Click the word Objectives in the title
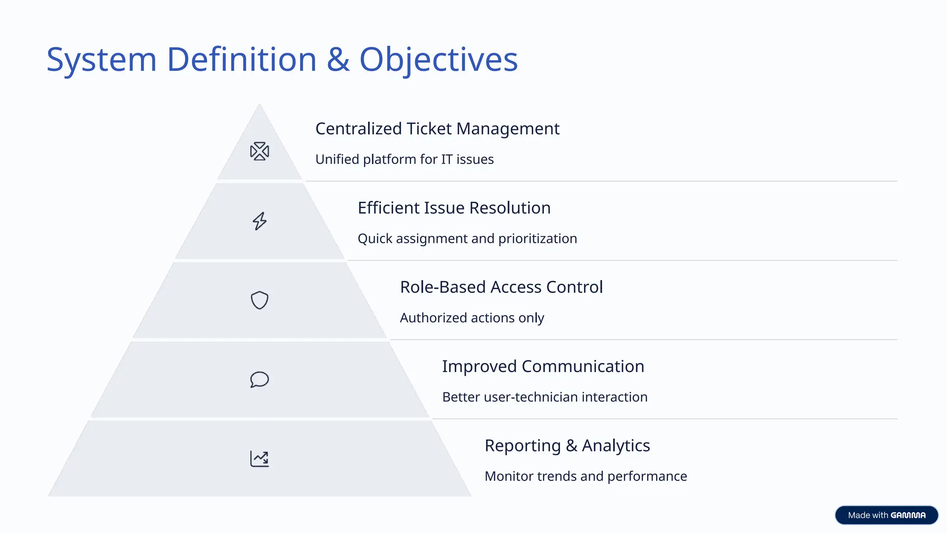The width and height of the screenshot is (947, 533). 438,60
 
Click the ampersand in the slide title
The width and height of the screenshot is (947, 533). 338,60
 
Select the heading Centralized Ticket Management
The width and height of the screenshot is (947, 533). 437,129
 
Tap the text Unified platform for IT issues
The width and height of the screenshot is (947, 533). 404,159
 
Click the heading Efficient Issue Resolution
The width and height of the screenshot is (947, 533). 454,208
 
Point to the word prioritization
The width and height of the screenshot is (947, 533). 537,239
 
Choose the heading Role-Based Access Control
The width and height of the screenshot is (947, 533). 501,287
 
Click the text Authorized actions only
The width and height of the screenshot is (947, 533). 472,318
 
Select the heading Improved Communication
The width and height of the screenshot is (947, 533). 543,366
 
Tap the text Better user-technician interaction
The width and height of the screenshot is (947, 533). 545,397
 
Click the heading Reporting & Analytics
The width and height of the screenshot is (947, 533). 567,446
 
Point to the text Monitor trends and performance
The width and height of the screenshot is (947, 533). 585,476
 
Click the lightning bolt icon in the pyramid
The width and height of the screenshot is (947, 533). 259,221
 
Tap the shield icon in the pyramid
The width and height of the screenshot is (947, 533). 259,300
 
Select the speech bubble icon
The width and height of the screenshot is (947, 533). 259,379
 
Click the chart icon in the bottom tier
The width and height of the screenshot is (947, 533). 259,459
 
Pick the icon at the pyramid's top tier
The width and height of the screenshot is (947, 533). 259,151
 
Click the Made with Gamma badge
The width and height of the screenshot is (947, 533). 886,515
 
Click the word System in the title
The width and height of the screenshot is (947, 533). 102,60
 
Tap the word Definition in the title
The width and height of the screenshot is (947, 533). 241,60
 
